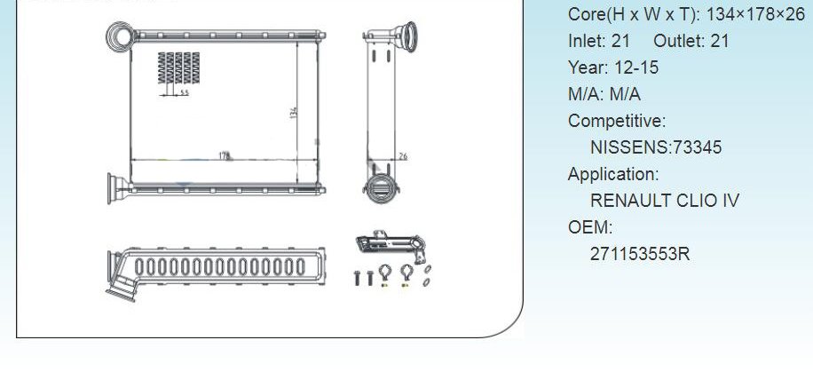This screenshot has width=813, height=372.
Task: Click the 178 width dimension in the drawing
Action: pos(225,155)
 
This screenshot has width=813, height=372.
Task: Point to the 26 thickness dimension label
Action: pos(402,156)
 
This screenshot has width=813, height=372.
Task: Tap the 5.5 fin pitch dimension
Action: pos(183,93)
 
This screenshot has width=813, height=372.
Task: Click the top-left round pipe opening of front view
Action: pos(118,36)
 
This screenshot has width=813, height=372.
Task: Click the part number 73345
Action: pos(698,147)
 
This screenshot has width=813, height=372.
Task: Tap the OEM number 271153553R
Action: pos(640,254)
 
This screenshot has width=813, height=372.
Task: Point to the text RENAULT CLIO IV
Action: pos(665,201)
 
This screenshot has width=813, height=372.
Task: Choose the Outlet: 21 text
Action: pos(691,41)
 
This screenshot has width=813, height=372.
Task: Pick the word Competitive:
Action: pos(617,121)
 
